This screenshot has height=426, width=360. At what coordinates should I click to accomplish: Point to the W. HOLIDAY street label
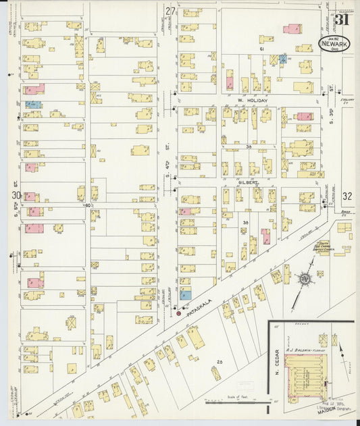(253, 101)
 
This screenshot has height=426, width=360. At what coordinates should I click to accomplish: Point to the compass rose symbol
(304, 278)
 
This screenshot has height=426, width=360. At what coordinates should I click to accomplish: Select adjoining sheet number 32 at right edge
(347, 196)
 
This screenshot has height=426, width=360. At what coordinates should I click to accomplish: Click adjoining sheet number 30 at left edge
(15, 196)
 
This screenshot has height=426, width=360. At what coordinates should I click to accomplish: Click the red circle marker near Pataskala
(178, 313)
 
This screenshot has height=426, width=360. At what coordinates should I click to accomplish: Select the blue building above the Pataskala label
(185, 294)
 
